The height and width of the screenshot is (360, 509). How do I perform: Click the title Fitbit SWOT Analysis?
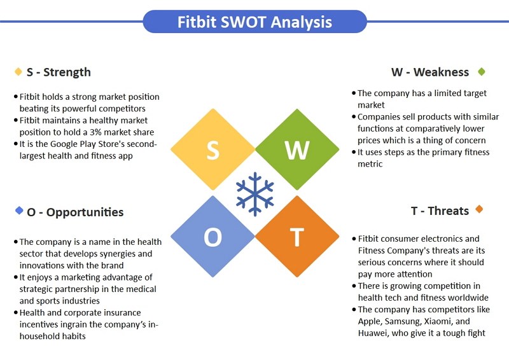click(x=254, y=22)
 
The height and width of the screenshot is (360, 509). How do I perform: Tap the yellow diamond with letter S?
click(x=213, y=149)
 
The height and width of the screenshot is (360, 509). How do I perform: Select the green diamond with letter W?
click(x=297, y=149)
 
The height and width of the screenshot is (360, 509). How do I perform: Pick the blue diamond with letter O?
click(x=213, y=237)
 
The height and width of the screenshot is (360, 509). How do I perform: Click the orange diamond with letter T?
click(x=297, y=237)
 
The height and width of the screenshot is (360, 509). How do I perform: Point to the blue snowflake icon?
click(x=255, y=194)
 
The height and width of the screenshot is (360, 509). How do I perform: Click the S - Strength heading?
click(x=59, y=72)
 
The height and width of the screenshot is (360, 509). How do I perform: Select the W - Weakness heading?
click(x=430, y=72)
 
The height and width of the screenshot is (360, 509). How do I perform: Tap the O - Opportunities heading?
click(x=75, y=212)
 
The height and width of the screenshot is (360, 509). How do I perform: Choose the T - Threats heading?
click(x=440, y=211)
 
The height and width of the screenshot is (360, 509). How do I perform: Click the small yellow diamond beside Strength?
click(x=18, y=71)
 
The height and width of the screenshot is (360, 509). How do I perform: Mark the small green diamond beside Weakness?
click(x=482, y=71)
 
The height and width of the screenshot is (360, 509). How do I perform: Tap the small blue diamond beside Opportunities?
click(x=19, y=211)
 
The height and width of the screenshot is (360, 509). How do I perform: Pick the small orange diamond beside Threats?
click(x=479, y=209)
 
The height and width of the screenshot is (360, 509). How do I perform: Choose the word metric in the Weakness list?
click(x=370, y=164)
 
